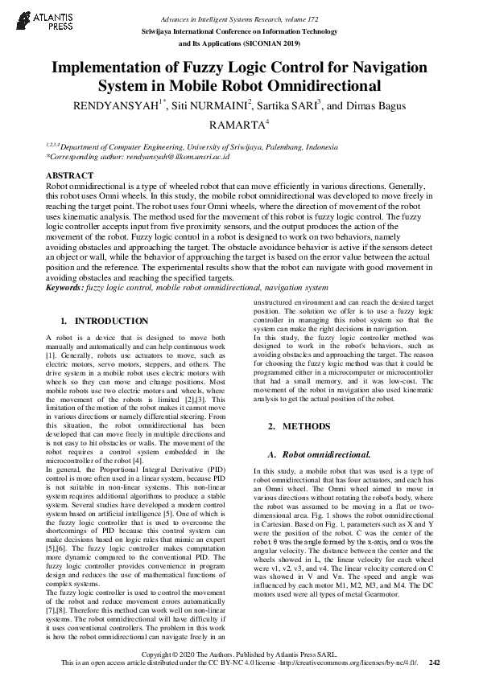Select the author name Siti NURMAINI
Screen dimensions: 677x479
coord(205,105)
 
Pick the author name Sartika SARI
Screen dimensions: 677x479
coord(288,105)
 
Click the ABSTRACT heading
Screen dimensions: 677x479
coord(70,175)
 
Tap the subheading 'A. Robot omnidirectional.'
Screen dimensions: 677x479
coord(311,454)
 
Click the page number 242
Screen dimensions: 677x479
coord(435,663)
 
